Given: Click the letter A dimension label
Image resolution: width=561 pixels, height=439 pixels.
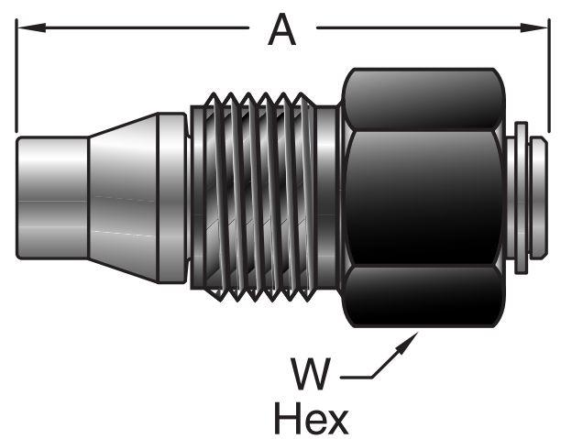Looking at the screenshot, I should coord(282,31).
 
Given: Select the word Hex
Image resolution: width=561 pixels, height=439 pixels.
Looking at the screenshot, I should coord(312,419).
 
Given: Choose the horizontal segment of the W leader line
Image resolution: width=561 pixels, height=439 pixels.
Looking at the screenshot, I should coord(353,375).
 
